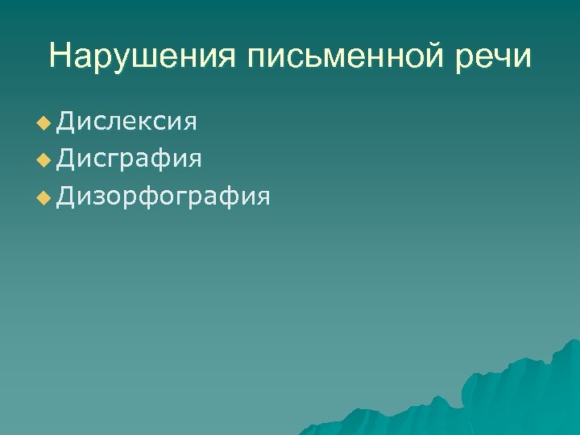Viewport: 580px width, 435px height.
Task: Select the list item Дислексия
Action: tap(127, 122)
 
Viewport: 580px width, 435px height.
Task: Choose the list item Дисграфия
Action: tap(130, 159)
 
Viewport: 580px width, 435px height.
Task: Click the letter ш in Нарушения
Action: tap(150, 57)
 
